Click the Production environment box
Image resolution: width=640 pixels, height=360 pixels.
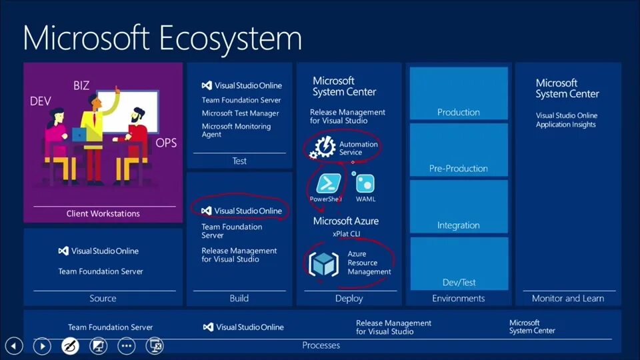click(459, 93)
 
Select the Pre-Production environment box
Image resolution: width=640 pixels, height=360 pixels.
click(459, 150)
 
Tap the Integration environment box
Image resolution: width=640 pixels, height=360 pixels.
click(459, 207)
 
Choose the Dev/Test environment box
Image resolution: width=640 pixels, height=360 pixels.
click(459, 263)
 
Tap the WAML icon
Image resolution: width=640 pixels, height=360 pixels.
click(365, 183)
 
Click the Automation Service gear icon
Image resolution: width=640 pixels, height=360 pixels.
click(324, 147)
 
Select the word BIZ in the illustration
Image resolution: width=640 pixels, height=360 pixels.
click(81, 85)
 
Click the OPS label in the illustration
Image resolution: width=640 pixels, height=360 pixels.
click(166, 143)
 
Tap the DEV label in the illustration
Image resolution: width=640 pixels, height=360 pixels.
click(41, 101)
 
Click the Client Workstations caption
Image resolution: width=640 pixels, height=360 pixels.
click(103, 214)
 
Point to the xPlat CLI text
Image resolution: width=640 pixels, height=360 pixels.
click(346, 234)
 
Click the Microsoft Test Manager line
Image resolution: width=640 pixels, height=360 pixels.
click(241, 113)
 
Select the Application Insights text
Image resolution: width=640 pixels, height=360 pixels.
click(566, 125)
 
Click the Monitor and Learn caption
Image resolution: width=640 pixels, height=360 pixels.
click(568, 299)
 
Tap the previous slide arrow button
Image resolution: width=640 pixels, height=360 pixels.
click(14, 346)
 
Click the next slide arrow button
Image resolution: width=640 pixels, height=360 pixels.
click(42, 346)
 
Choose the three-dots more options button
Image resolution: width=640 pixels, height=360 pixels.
click(127, 346)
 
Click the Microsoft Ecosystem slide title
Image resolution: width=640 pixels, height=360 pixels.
click(162, 37)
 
